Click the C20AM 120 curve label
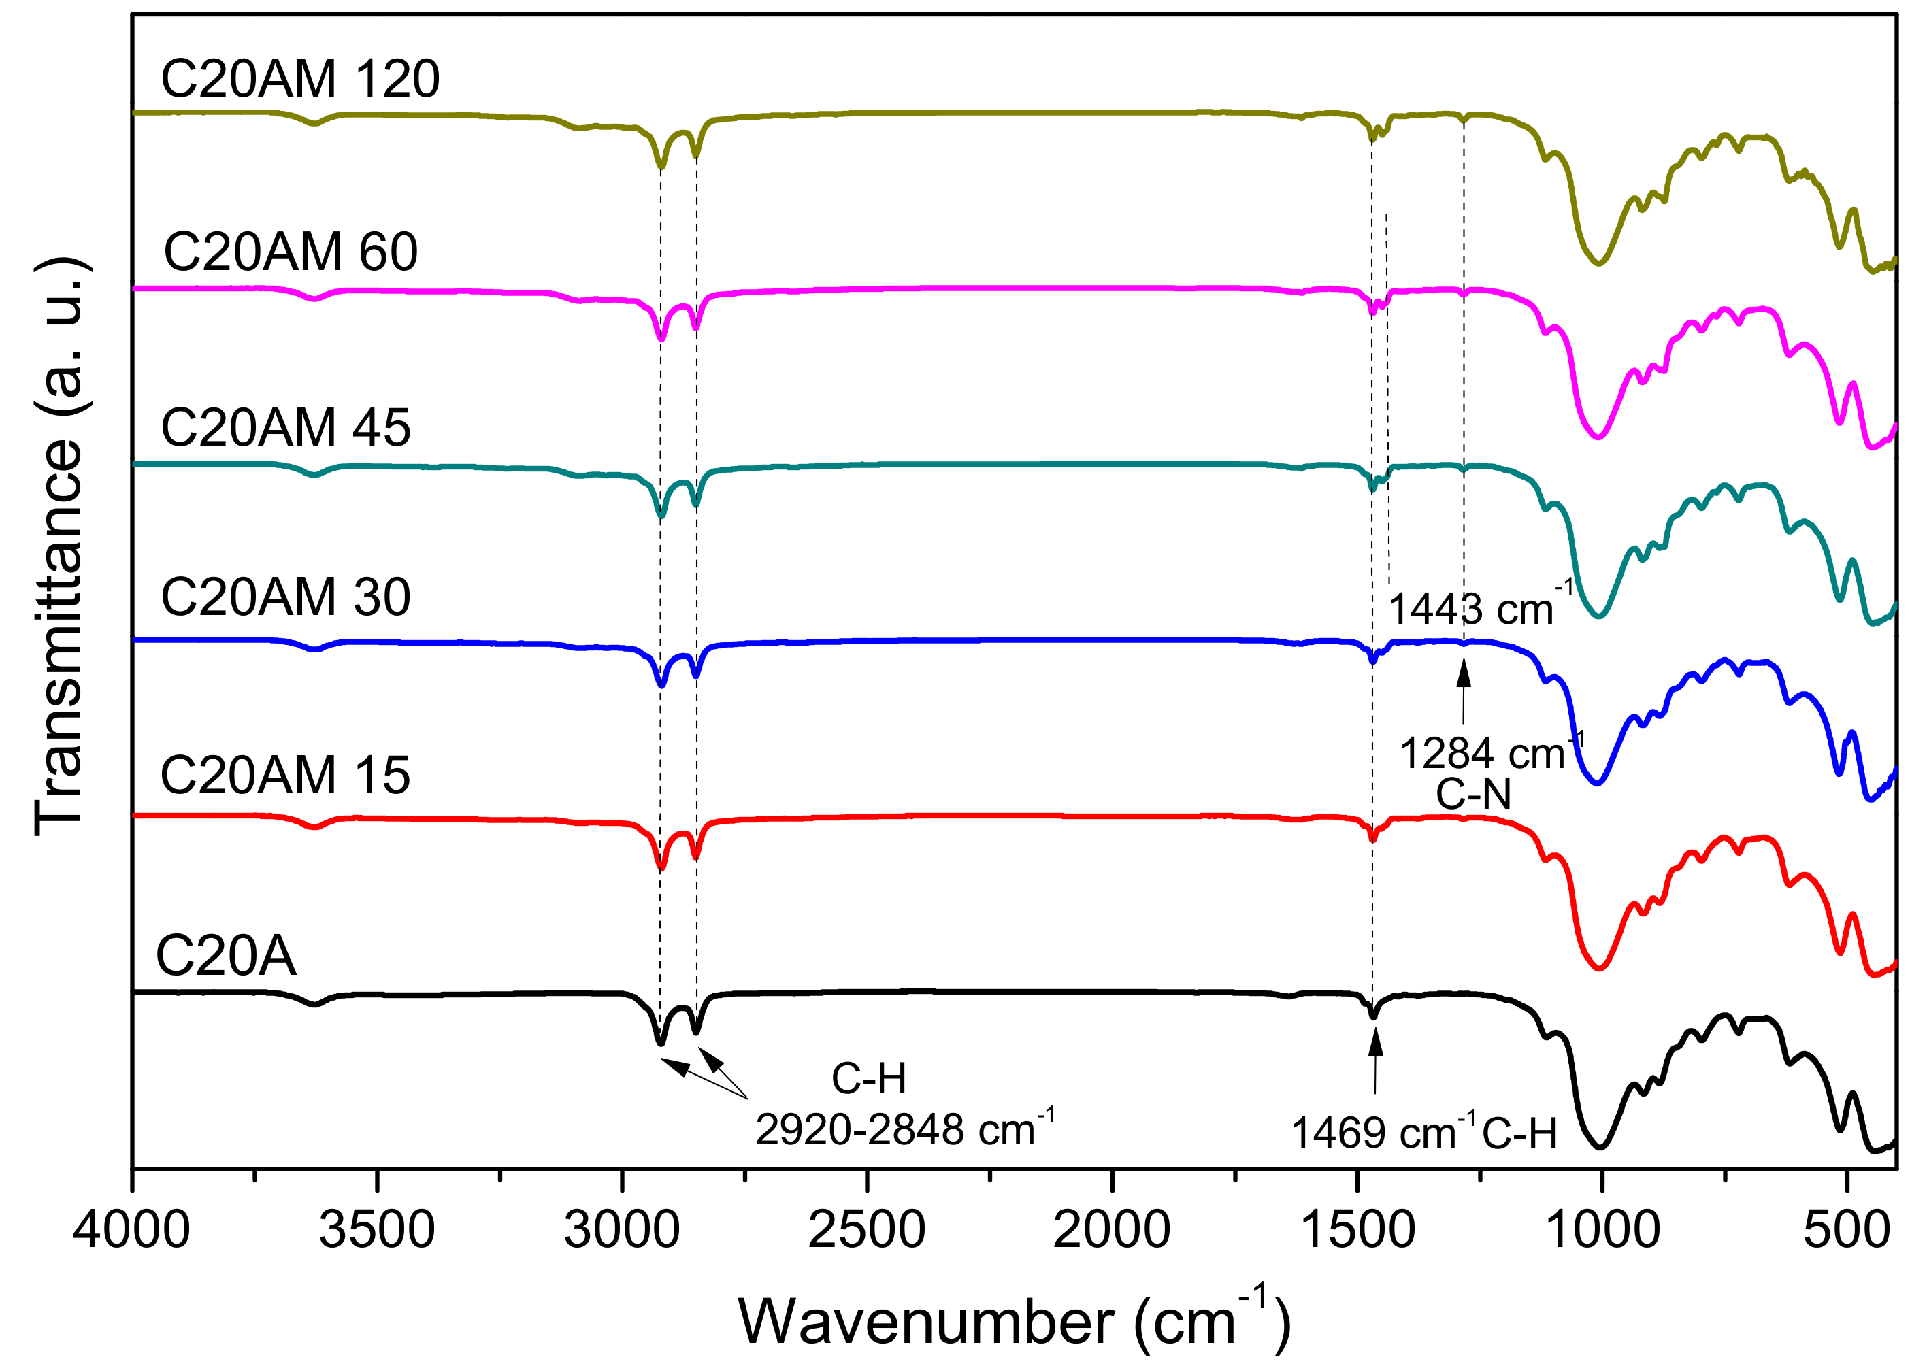(x=299, y=79)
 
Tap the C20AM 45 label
(x=285, y=427)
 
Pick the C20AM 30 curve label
(x=285, y=597)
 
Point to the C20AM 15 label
(x=285, y=775)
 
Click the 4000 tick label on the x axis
(x=131, y=1230)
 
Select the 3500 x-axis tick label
(x=377, y=1230)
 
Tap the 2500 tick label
(x=866, y=1230)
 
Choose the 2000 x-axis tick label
(x=1111, y=1230)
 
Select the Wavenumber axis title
(x=1014, y=1320)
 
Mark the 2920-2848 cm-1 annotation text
(x=904, y=1128)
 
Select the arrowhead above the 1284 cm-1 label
(x=1464, y=673)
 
